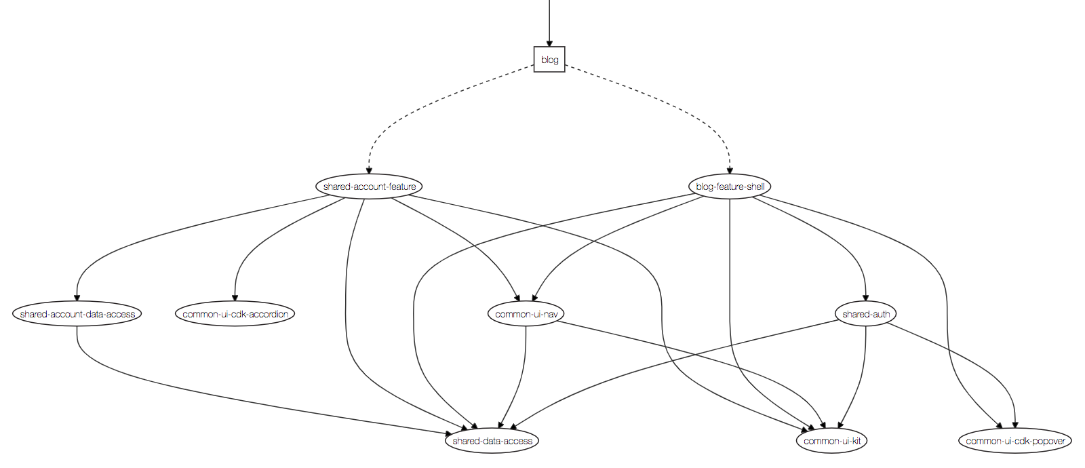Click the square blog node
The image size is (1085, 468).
coord(549,60)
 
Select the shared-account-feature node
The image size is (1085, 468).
coord(369,187)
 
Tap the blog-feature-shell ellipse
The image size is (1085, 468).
coord(730,187)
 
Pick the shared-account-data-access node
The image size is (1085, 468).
coord(77,314)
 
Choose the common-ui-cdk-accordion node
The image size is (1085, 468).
coord(235,314)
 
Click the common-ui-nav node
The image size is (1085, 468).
coord(526,314)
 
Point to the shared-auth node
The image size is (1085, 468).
coord(865,314)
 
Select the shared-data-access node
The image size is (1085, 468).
coord(492,441)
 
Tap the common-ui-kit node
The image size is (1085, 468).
coord(832,441)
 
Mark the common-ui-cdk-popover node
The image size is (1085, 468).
coord(1015,441)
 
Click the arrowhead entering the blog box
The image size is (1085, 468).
coord(549,43)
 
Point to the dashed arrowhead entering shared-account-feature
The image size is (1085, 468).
coord(369,170)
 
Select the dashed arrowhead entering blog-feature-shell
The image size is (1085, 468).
coord(730,170)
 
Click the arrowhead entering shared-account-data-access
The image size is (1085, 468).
coord(77,297)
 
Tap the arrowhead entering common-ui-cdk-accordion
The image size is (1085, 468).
coord(235,297)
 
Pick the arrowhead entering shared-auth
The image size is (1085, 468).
coord(865,297)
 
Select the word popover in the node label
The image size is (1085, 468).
coord(1048,441)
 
